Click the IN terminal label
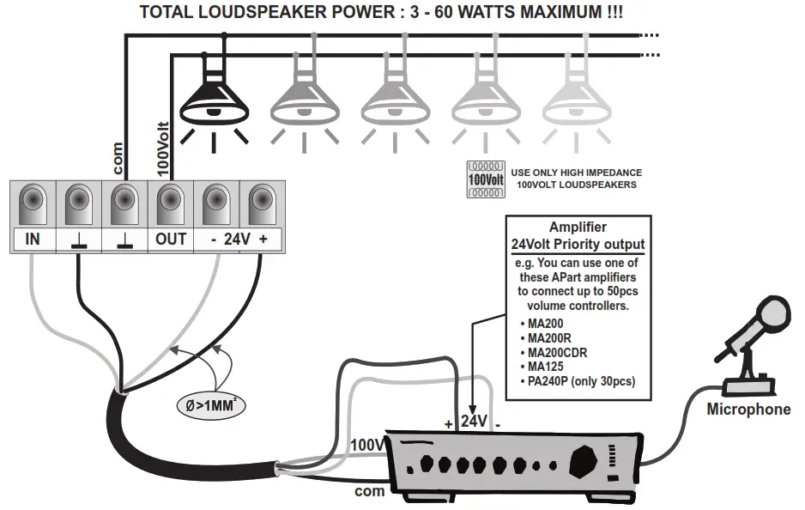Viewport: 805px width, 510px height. tap(32, 240)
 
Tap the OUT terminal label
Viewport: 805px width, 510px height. tap(171, 240)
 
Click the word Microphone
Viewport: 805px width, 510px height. tap(747, 410)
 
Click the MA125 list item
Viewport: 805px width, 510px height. tap(549, 367)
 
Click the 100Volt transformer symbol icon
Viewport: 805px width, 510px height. tap(485, 179)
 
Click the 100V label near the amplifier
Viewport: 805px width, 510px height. tap(368, 445)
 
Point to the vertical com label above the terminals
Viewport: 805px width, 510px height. tap(119, 159)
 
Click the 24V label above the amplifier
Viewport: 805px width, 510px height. tap(475, 422)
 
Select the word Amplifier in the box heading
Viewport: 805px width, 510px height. tap(578, 228)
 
